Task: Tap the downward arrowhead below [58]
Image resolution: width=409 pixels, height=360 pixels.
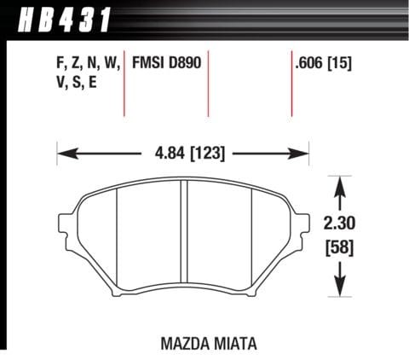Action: pyautogui.click(x=340, y=288)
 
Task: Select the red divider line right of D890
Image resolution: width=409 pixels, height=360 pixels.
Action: pyautogui.click(x=209, y=85)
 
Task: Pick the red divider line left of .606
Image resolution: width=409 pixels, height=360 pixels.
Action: pyautogui.click(x=290, y=85)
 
